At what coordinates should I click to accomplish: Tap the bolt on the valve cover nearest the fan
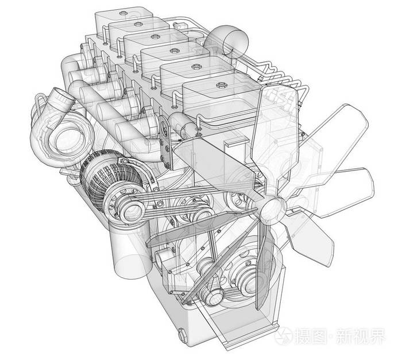221,85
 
